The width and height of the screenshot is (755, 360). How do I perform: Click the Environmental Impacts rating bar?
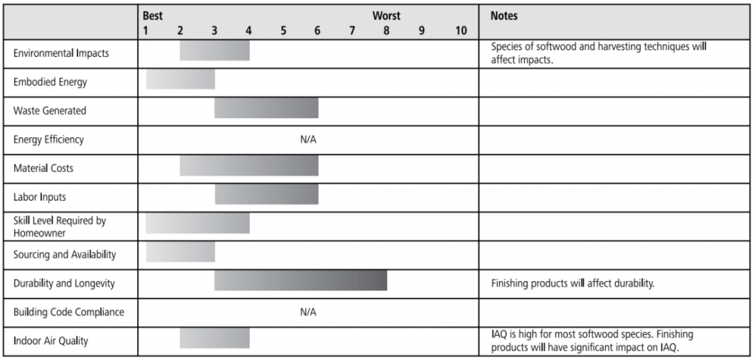[215, 51]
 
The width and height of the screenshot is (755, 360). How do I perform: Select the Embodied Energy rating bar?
[181, 80]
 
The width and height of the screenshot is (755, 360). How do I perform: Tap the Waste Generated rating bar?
[266, 108]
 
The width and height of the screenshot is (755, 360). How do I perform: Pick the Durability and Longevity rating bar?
[301, 282]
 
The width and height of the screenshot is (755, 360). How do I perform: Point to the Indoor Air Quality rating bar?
[215, 339]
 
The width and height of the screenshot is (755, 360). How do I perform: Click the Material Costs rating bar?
[249, 166]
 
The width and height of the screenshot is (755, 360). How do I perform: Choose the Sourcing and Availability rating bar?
[181, 252]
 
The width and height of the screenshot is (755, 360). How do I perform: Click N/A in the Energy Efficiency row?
[308, 139]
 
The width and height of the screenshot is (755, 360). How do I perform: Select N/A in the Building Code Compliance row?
[308, 312]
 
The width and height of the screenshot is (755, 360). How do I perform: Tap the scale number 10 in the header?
[461, 30]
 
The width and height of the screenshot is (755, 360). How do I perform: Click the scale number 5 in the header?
[283, 30]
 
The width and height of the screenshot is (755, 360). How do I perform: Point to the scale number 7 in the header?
[352, 30]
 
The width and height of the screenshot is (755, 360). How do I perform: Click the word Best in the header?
[153, 15]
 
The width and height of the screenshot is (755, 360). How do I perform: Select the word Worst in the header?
[386, 15]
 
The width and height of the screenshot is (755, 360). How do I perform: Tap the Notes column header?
[504, 15]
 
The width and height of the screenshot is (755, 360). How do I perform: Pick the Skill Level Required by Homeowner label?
[60, 226]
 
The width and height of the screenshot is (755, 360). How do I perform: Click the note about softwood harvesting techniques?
[598, 53]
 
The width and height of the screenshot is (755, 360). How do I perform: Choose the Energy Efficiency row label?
[49, 139]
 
